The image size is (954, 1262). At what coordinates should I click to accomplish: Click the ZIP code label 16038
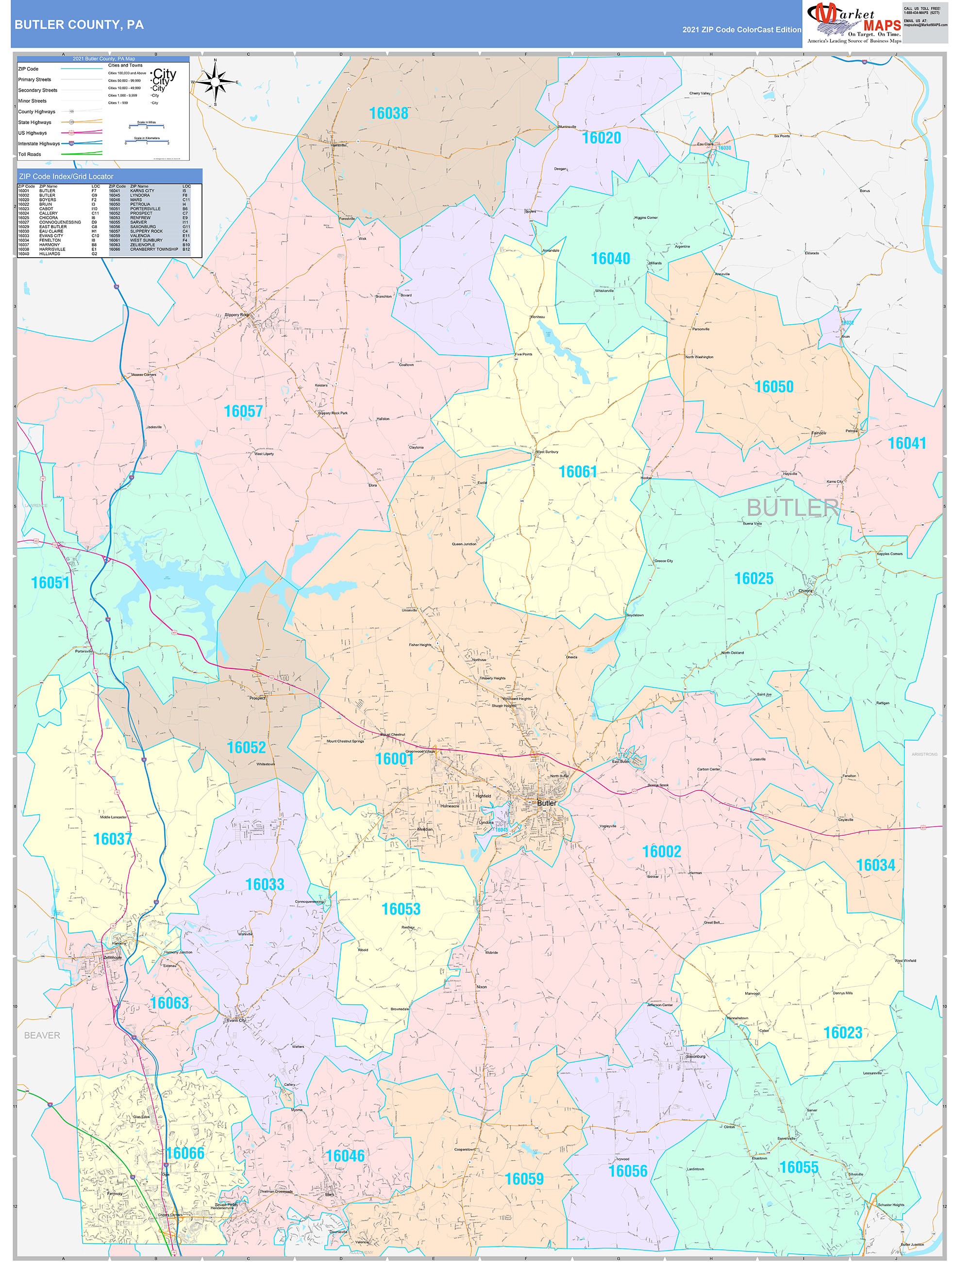point(388,114)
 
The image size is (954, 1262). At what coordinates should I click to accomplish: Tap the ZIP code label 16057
point(243,411)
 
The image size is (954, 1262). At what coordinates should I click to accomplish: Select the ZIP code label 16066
point(185,1153)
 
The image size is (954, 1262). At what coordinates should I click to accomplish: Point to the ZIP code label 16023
point(842,1032)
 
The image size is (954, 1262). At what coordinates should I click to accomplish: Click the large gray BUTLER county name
point(792,507)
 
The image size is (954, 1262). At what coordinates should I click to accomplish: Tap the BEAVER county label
point(42,1035)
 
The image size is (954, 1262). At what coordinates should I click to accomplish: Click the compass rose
point(215,83)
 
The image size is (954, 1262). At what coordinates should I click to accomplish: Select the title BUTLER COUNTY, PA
point(79,25)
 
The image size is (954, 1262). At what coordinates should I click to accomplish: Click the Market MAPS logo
point(854,23)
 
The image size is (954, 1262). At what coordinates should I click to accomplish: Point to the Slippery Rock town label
point(236,315)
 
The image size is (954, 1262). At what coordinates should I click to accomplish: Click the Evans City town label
point(236,1020)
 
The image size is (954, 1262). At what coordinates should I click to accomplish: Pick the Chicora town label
point(805,591)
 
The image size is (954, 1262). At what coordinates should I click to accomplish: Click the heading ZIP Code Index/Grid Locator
point(66,176)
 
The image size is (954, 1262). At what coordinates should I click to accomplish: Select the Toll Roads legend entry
point(30,154)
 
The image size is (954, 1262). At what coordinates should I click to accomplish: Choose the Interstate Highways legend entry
point(39,144)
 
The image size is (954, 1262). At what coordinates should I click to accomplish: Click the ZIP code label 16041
point(906,443)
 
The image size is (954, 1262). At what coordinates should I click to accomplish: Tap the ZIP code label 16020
point(601,138)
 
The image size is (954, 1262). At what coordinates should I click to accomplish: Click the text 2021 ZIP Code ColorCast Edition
point(741,30)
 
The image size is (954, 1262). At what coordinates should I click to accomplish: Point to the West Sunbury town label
point(547,452)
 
